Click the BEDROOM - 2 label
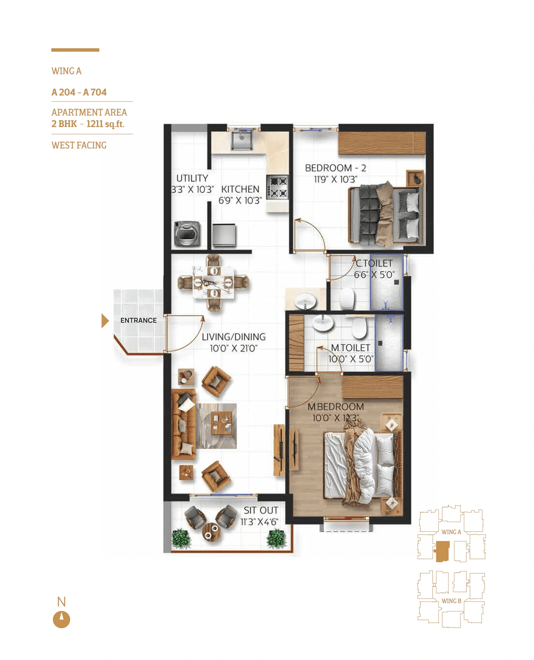pos(335,168)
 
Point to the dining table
pos(213,283)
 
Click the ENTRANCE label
pos(139,320)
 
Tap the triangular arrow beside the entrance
pos(105,321)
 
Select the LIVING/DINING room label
pos(234,337)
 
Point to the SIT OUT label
pos(261,510)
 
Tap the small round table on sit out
pos(211,531)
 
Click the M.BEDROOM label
pos(335,406)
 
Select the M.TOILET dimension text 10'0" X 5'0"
pos(351,359)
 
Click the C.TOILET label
pos(374,263)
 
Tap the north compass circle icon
pos(61,619)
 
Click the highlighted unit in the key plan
pos(442,551)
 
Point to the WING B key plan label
pos(451,601)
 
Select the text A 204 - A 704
pos(79,92)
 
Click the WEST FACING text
pos(79,145)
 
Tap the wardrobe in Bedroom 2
pos(381,143)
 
